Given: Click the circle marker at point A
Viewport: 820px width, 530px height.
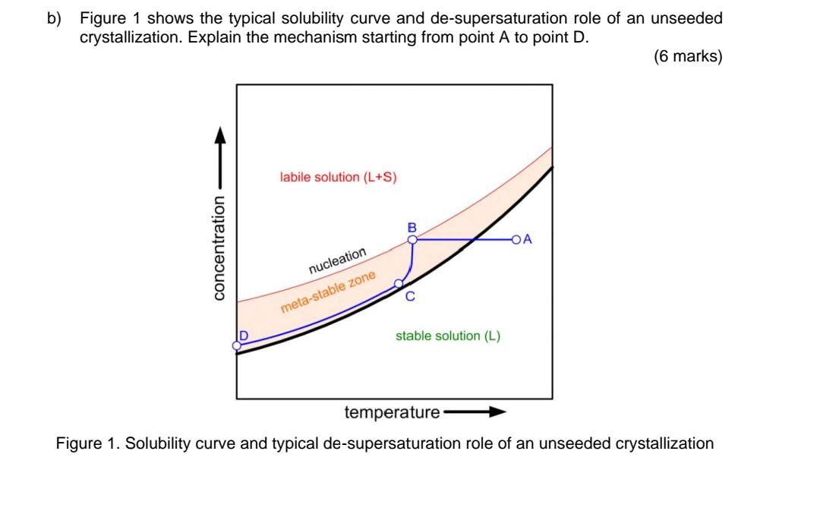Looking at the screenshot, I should [x=517, y=240].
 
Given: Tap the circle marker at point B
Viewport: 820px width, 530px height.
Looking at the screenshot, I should [x=412, y=240].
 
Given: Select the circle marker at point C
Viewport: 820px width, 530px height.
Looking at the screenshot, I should [x=399, y=285].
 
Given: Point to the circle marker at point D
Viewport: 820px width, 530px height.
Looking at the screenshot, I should [x=237, y=345].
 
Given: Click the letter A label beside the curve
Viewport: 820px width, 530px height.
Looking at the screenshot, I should [x=529, y=240].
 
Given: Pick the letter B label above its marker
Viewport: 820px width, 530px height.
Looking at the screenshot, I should [x=412, y=227].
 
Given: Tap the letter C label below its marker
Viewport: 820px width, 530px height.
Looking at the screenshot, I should [x=409, y=298].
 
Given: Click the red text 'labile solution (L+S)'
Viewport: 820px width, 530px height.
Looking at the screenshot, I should [x=339, y=177].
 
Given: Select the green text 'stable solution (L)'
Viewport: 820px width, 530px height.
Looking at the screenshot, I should [x=448, y=336].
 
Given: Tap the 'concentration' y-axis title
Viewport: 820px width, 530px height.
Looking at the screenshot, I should [x=219, y=248].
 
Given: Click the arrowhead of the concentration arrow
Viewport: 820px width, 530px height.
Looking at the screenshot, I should [x=220, y=135].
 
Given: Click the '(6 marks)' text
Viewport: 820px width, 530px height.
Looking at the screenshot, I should [x=687, y=57].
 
